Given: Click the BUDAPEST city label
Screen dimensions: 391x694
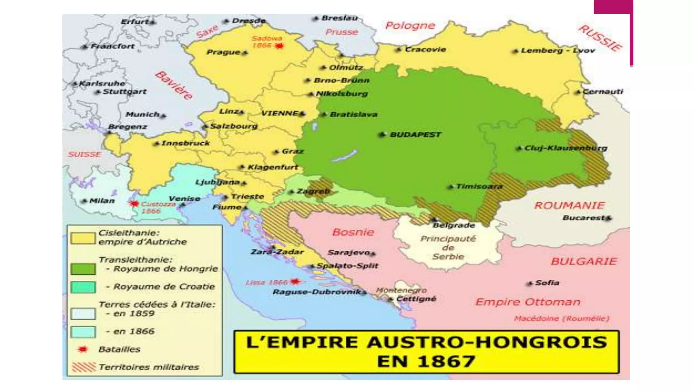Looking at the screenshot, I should click(415, 135).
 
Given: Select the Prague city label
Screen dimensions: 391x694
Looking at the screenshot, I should click(223, 52).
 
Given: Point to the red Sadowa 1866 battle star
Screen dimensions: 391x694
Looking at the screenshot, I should click(279, 46).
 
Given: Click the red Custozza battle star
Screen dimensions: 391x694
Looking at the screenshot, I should click(135, 204).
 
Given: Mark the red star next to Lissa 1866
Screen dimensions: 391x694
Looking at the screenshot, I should click(295, 281).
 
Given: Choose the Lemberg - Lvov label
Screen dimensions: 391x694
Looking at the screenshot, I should click(557, 51).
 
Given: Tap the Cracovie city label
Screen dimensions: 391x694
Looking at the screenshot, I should click(425, 50).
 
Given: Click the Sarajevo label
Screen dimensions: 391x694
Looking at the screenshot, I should click(349, 253).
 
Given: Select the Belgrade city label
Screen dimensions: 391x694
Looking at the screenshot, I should click(454, 225).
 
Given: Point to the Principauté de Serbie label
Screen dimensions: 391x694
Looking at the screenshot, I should click(448, 248).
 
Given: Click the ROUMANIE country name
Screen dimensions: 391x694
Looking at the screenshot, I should click(569, 205).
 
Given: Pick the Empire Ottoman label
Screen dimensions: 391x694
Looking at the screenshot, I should click(528, 302).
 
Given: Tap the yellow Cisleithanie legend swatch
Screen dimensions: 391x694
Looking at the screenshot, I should click(83, 238).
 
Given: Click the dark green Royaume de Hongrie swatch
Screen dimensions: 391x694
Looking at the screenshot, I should click(83, 269).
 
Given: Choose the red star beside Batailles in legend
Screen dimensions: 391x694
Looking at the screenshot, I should click(83, 349).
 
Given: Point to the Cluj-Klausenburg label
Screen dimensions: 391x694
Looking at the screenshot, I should click(566, 148).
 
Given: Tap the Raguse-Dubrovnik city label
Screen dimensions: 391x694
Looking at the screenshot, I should click(317, 292).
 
